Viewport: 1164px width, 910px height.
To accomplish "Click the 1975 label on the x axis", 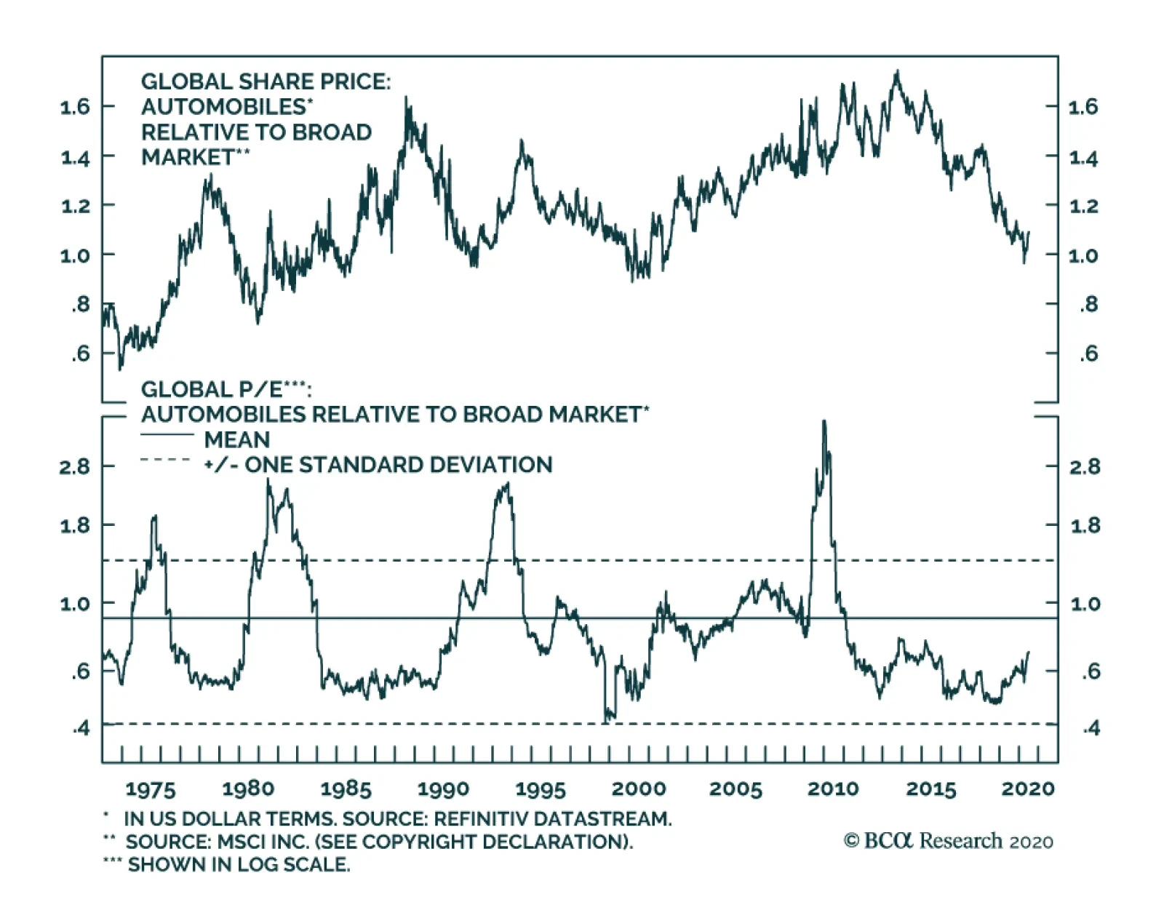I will point(151,789).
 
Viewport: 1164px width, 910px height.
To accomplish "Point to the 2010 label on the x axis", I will point(833,789).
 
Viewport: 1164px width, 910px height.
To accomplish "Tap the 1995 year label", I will point(541,789).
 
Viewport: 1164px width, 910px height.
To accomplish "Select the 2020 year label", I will point(1028,789).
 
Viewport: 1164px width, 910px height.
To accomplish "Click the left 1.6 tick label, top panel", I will point(76,107).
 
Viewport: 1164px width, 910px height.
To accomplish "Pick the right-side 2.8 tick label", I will point(1085,466).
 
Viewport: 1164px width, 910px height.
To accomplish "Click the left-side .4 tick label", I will point(81,727).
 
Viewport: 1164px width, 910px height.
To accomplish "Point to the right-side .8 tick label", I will point(1088,305).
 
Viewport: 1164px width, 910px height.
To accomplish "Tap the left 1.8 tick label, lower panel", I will point(76,525).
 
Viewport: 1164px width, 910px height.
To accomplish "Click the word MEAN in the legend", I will point(237,440).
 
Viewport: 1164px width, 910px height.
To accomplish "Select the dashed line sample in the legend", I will point(166,460).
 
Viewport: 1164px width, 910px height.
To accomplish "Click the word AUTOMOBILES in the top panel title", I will point(224,107).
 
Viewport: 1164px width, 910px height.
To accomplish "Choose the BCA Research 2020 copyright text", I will point(949,841).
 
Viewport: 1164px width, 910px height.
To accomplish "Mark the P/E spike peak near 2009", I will point(824,421).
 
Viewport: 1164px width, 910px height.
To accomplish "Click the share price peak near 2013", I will point(897,71).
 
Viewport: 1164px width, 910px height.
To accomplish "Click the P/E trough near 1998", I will point(606,721).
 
